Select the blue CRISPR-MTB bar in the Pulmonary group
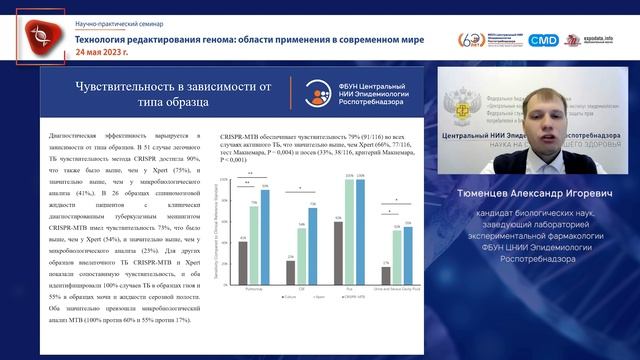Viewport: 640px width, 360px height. (264, 226)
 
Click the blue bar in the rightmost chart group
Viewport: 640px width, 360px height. (408, 246)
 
